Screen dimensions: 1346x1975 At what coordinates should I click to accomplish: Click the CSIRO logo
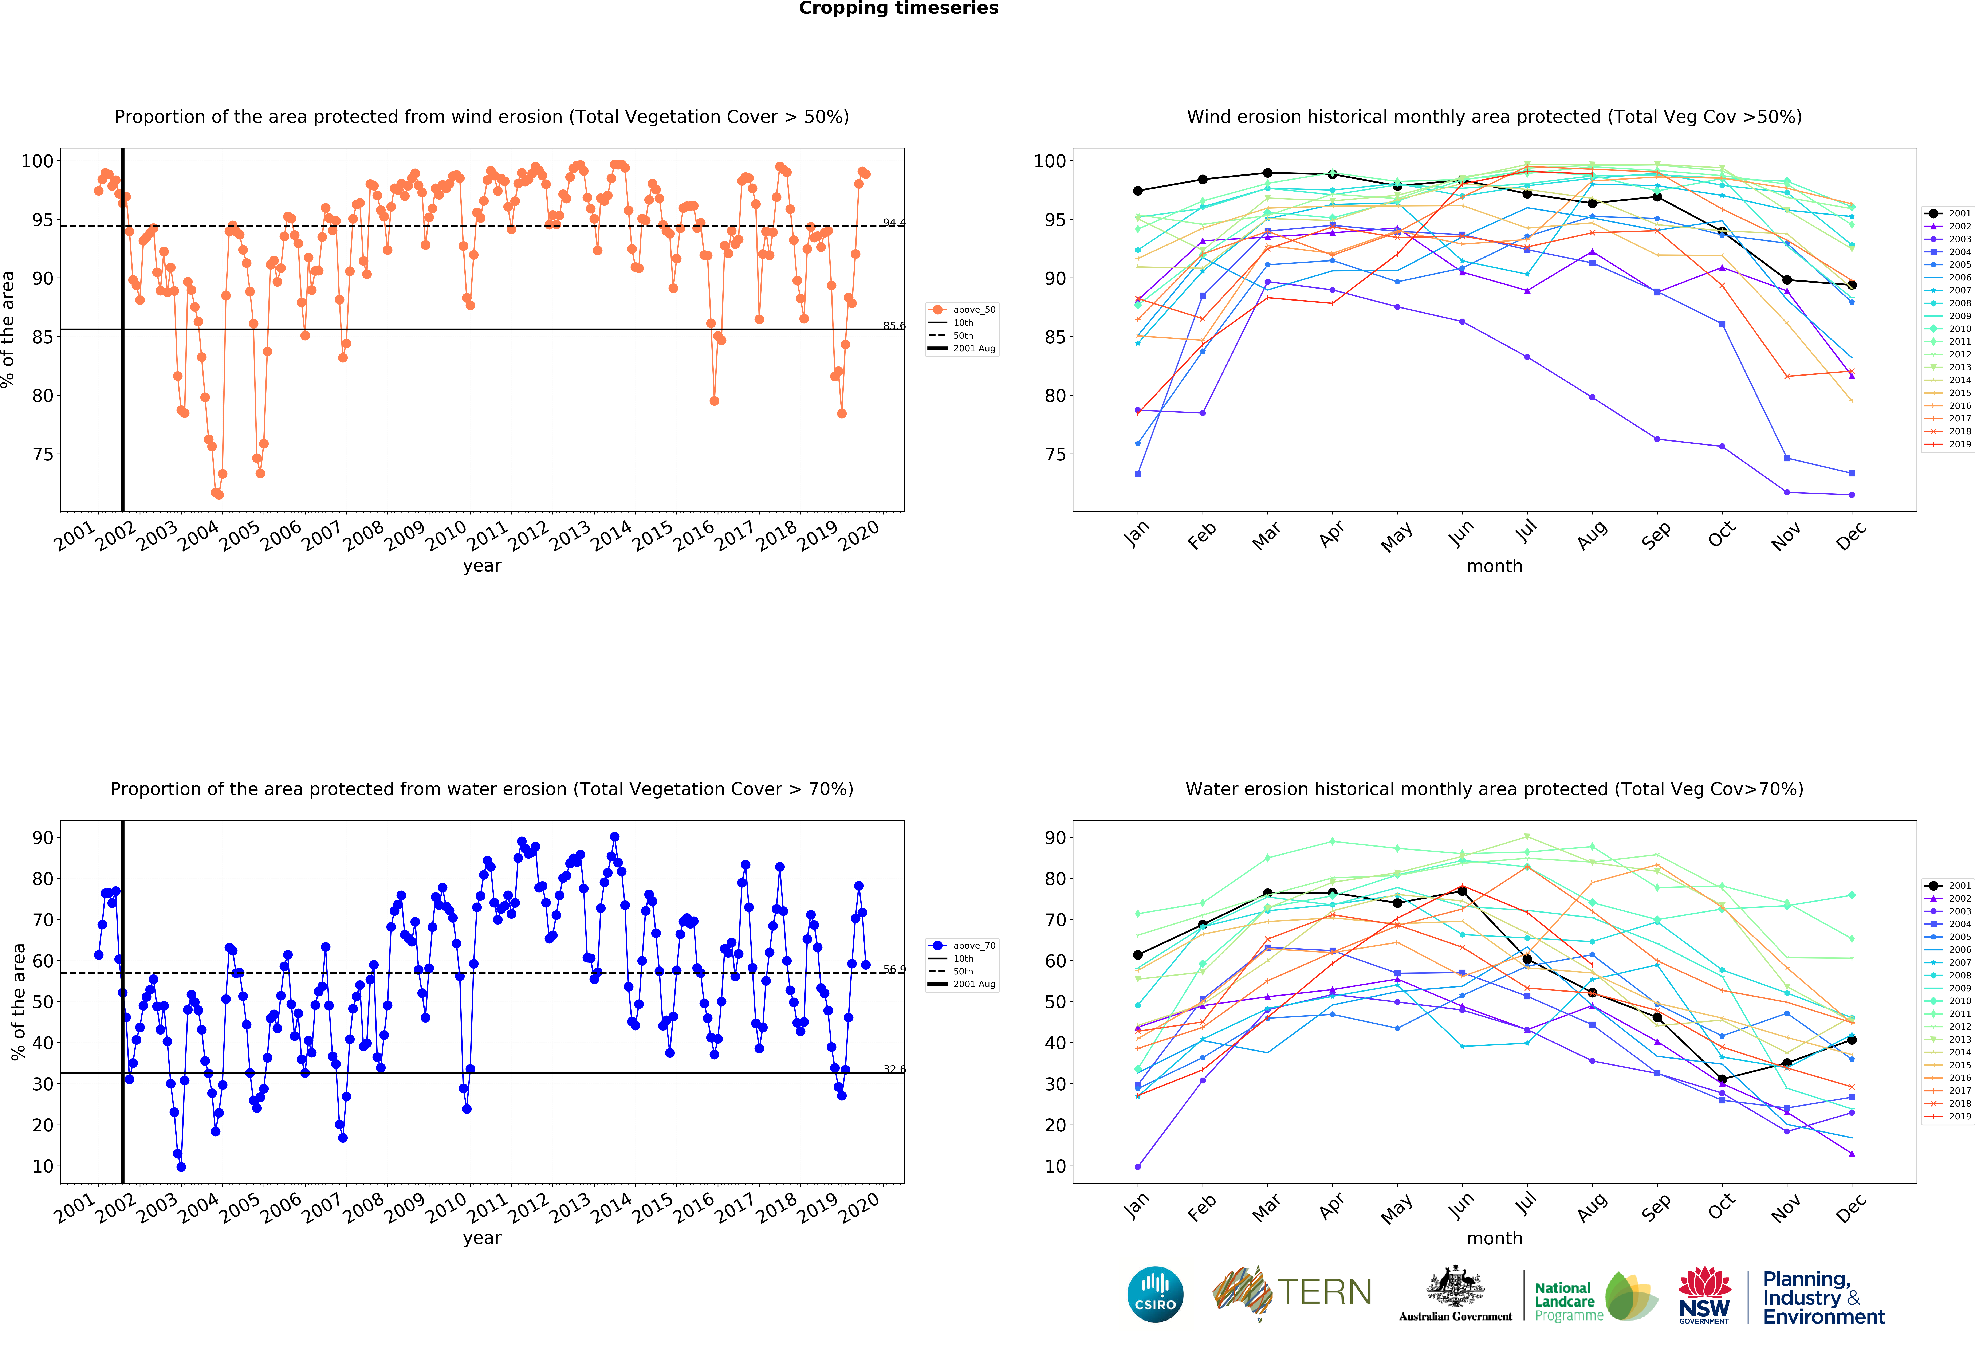(x=1155, y=1294)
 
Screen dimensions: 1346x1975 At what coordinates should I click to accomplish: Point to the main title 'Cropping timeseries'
(x=898, y=8)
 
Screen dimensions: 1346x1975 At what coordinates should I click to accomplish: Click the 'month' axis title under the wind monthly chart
(x=1494, y=566)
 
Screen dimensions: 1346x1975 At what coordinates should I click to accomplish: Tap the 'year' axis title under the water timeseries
(x=482, y=1238)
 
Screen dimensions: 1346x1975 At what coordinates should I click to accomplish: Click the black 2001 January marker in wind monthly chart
(x=1138, y=191)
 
